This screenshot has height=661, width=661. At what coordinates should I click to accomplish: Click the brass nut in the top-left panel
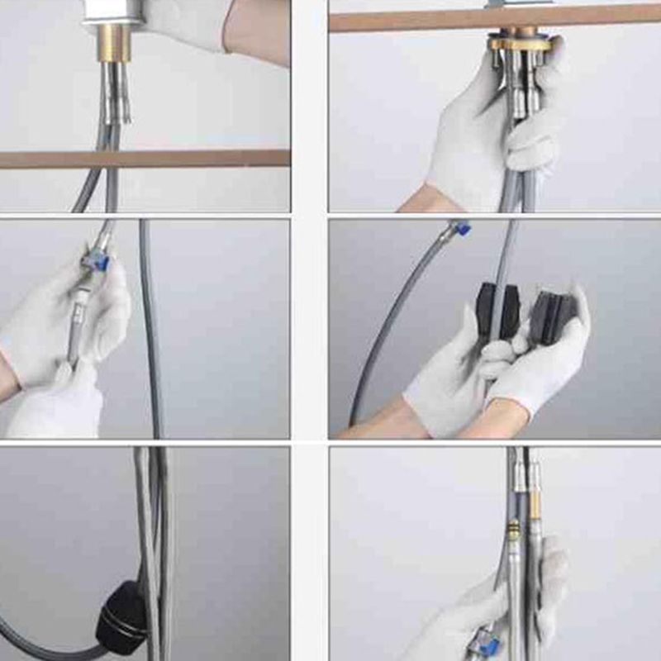113,42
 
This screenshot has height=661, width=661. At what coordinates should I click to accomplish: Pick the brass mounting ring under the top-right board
519,42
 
